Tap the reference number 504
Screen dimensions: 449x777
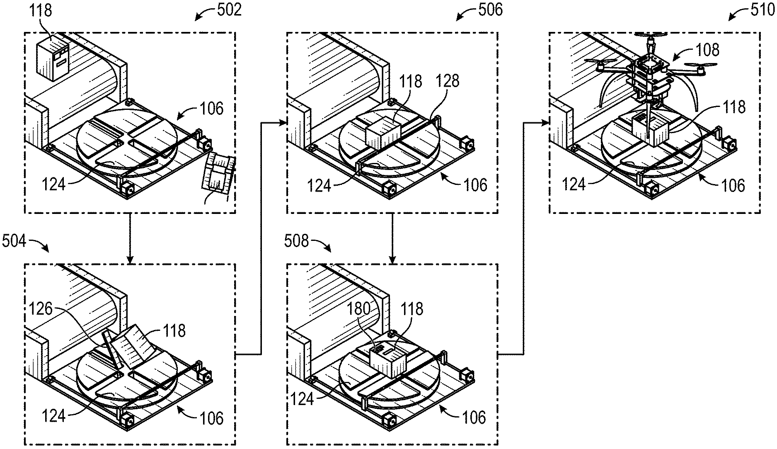click(14, 240)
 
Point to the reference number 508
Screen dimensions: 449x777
click(297, 241)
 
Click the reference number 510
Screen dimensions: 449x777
click(762, 10)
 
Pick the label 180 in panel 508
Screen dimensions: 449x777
click(359, 309)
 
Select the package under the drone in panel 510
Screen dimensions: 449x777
click(649, 131)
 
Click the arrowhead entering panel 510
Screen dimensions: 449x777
click(546, 122)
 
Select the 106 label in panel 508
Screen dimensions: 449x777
click(474, 417)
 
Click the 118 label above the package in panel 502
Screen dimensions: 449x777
click(41, 10)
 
